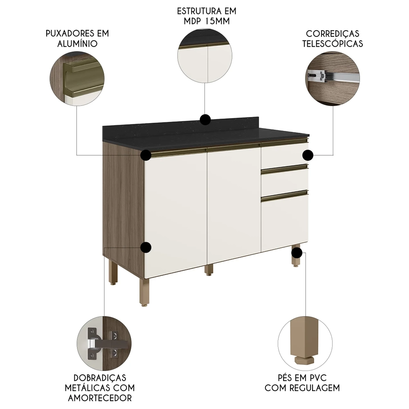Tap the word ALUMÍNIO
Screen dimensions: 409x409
tap(77, 43)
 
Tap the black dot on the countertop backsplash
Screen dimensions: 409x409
tap(205, 119)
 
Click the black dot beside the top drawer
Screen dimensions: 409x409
tap(308, 155)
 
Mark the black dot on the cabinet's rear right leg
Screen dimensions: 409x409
tap(297, 253)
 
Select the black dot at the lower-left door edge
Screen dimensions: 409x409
tap(146, 247)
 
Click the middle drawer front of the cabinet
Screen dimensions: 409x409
tap(284, 180)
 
